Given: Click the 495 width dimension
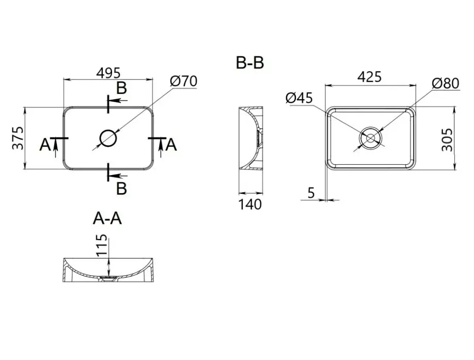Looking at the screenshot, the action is point(108,73).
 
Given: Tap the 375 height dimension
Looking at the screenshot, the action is point(18,138).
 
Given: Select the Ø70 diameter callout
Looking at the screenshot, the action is point(183,81).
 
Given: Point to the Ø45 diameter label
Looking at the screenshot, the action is point(299,98).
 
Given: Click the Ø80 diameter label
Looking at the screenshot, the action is point(446,84).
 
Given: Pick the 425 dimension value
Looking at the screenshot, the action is point(369,77).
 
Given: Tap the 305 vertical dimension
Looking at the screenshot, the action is point(447,139).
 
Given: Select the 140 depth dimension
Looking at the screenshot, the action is point(250,205).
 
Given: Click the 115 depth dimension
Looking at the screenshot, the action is point(102,245).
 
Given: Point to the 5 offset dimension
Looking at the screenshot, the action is point(311,193).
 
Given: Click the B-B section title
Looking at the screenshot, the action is point(250,63).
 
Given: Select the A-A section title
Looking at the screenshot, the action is point(107,218).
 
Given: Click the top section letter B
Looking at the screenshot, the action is point(121,88).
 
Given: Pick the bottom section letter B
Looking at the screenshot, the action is point(121,189).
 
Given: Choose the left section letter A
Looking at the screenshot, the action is point(45,145).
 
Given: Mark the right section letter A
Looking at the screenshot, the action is point(171,145).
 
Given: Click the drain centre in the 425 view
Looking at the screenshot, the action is point(370,138).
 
